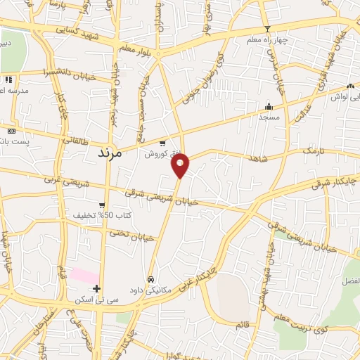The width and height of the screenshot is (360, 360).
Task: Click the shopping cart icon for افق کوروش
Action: pos(162,143)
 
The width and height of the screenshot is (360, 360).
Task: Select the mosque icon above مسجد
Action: pos(269,107)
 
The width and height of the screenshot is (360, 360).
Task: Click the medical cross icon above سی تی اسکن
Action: pos(96,288)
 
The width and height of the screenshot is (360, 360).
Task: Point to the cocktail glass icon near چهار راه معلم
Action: pos(266,29)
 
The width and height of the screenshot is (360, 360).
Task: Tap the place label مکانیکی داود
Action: pos(150,289)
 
